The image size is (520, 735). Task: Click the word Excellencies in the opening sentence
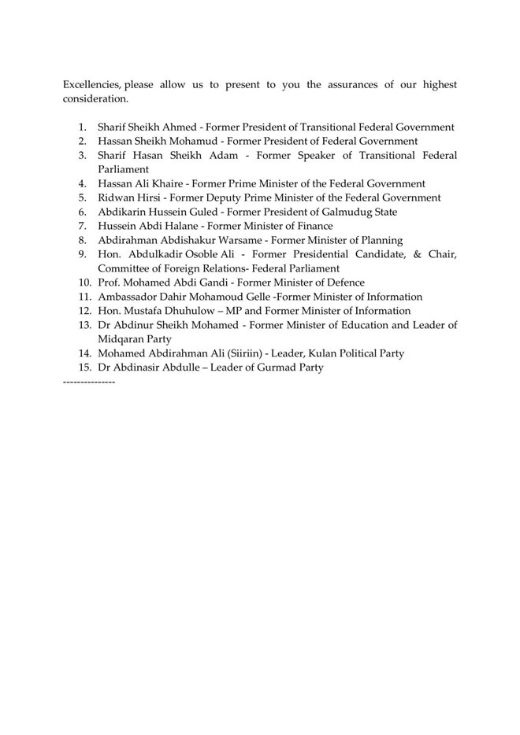point(91,85)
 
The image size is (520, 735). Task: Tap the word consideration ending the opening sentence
point(95,99)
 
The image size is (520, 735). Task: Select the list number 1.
point(83,127)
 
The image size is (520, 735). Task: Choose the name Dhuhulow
point(186,311)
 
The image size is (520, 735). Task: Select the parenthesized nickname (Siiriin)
point(247,353)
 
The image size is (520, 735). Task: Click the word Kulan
point(319,353)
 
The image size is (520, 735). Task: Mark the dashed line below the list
point(88,382)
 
